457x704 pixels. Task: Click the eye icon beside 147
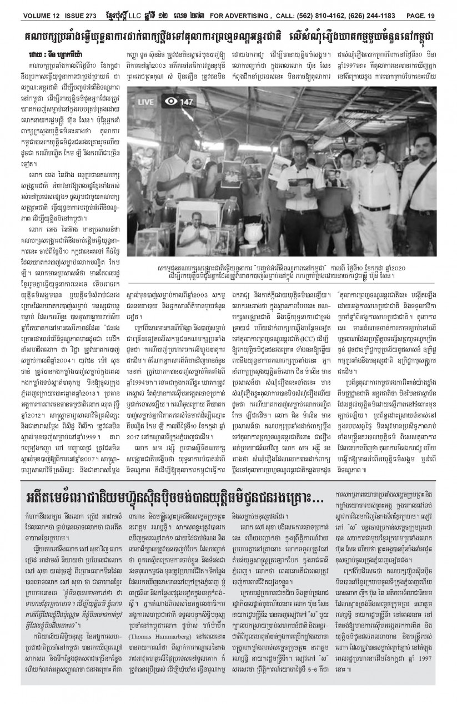171,102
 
